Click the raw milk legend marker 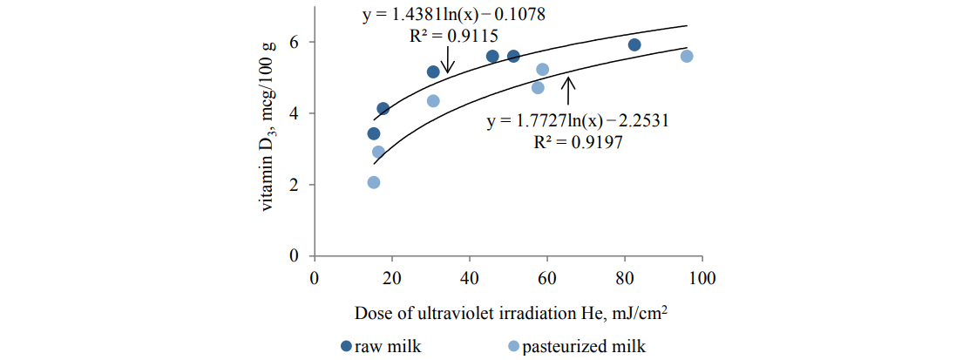347,347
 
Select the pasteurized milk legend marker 513,347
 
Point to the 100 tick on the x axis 701,278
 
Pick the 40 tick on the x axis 470,278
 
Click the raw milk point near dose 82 634,44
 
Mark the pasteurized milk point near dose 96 687,56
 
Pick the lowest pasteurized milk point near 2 374,182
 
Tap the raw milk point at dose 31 433,71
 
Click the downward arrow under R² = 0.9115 448,61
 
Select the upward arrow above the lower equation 568,92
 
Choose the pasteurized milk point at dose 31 433,100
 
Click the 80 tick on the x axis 625,278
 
